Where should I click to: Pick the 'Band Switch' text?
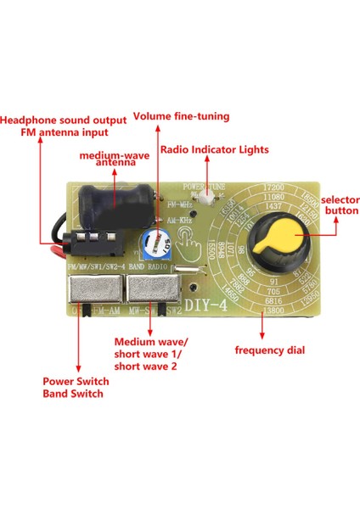73,394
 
